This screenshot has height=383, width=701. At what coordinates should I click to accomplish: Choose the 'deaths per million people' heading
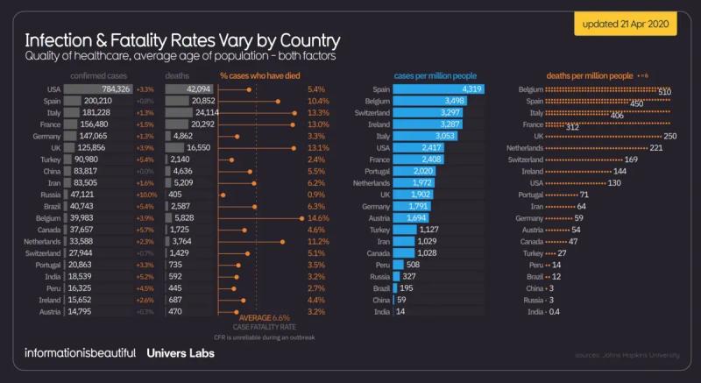589,75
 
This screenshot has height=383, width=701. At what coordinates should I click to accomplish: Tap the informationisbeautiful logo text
80,353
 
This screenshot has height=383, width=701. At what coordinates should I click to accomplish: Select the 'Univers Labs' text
180,353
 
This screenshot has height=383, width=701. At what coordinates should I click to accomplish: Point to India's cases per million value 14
400,311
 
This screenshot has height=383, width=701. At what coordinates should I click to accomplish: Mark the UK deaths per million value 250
670,137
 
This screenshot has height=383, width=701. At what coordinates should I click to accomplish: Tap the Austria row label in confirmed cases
49,310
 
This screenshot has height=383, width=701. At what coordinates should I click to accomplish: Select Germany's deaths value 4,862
195,137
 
